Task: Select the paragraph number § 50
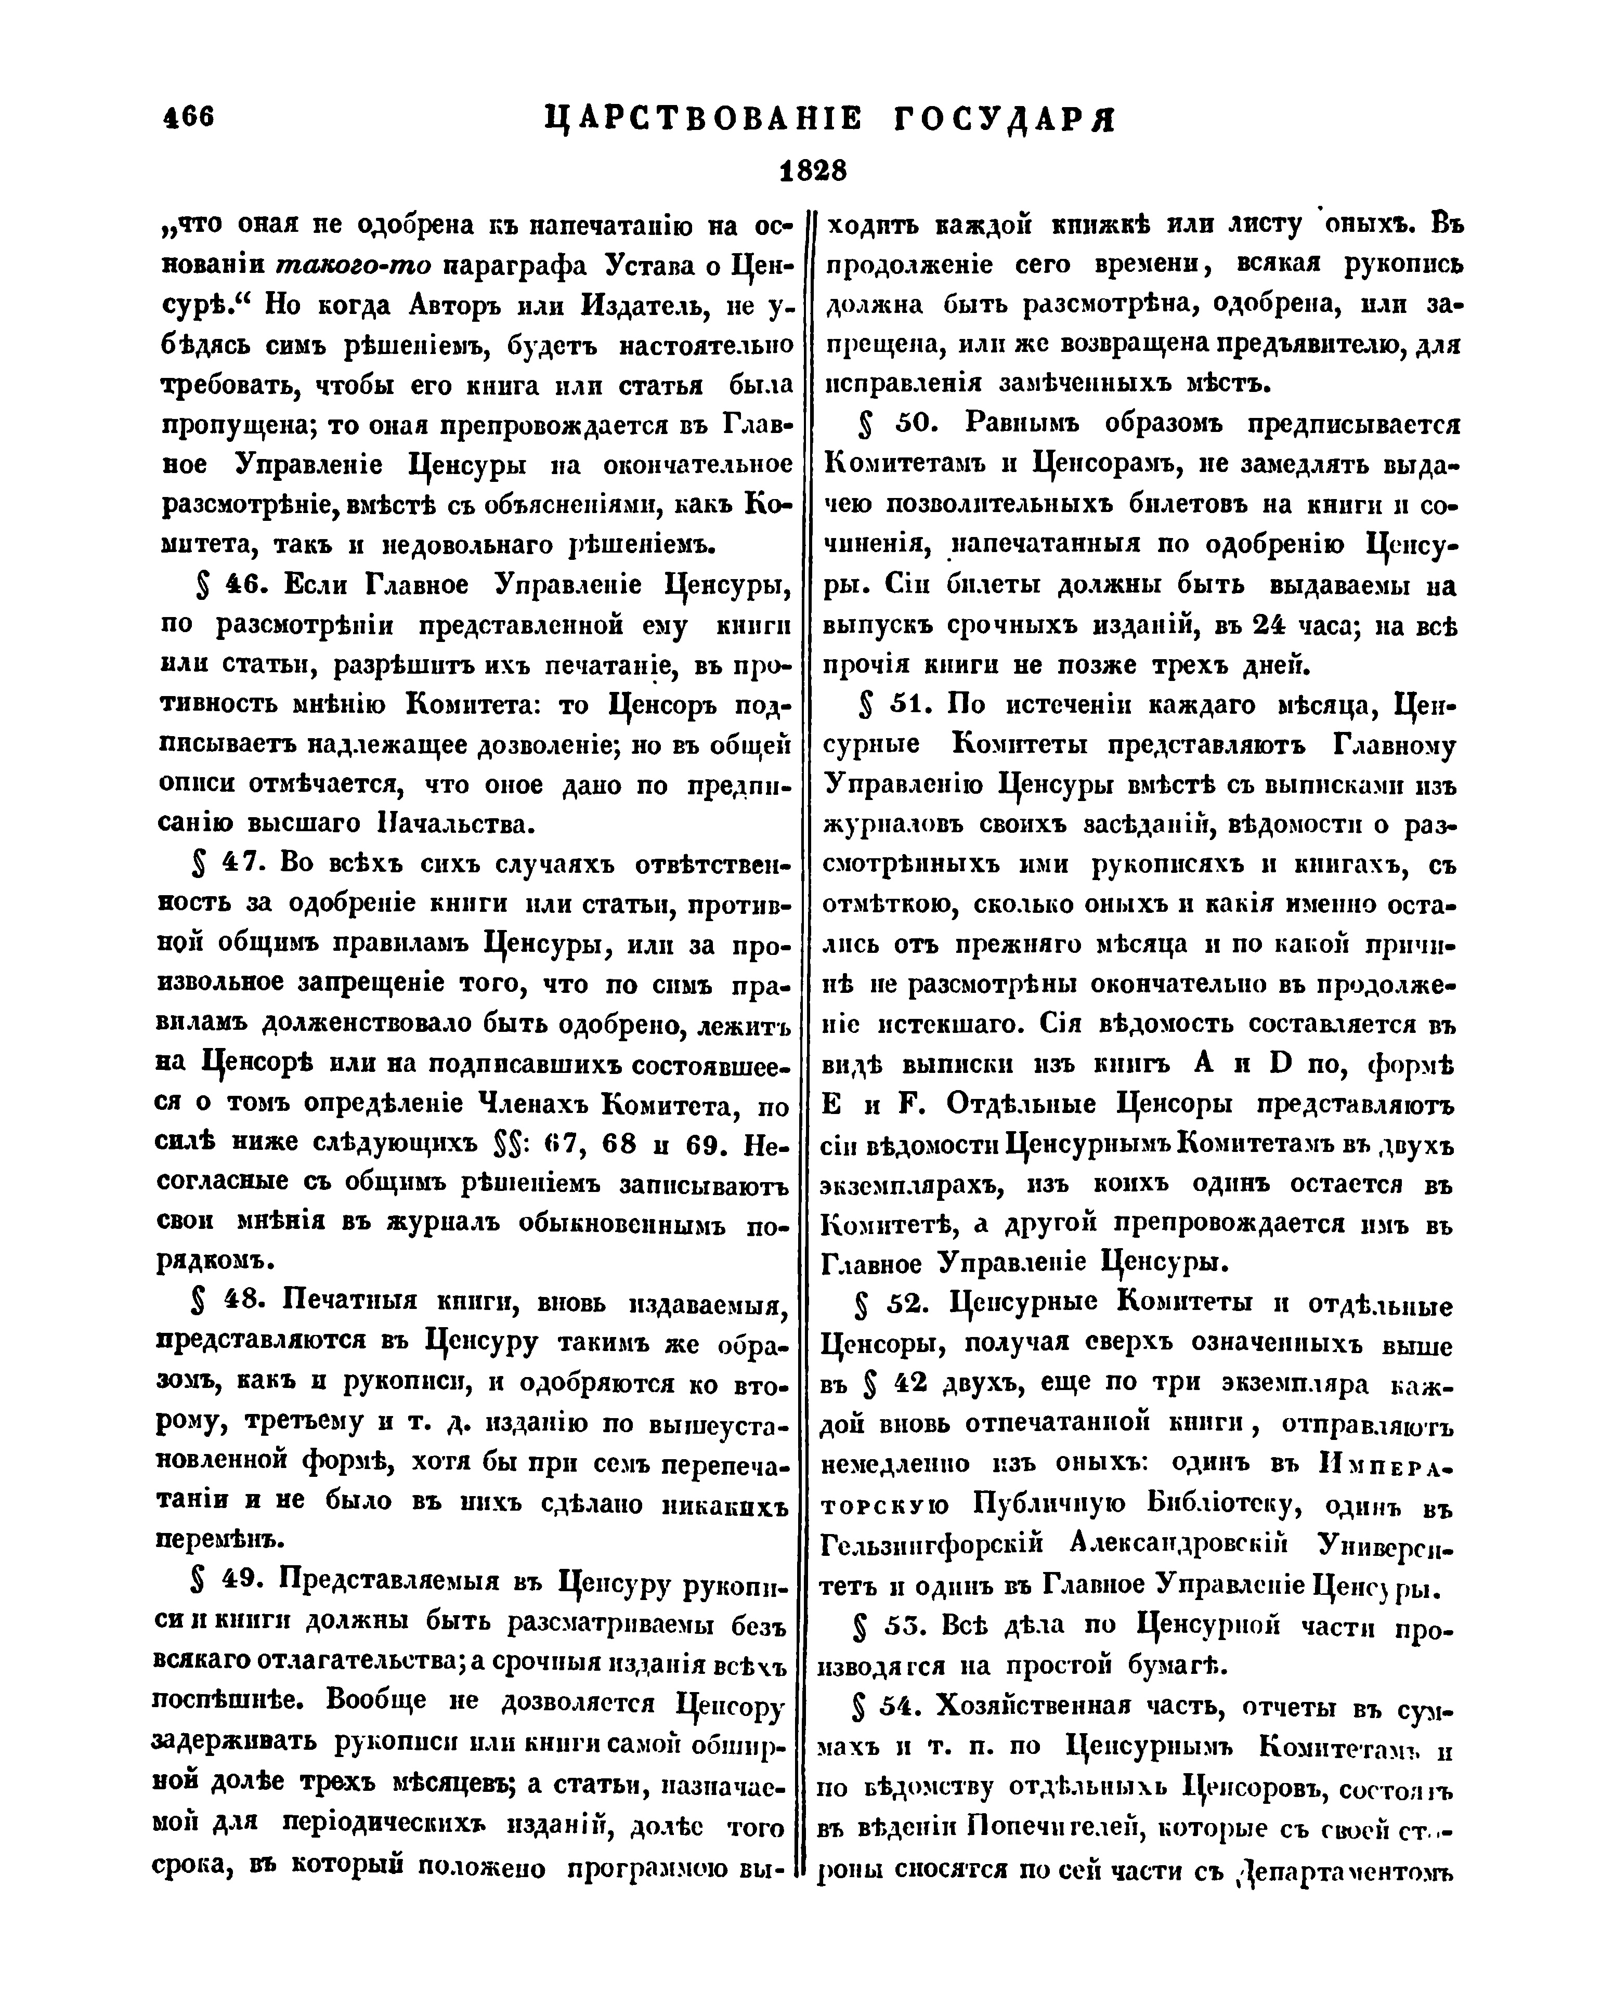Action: tap(893, 424)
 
